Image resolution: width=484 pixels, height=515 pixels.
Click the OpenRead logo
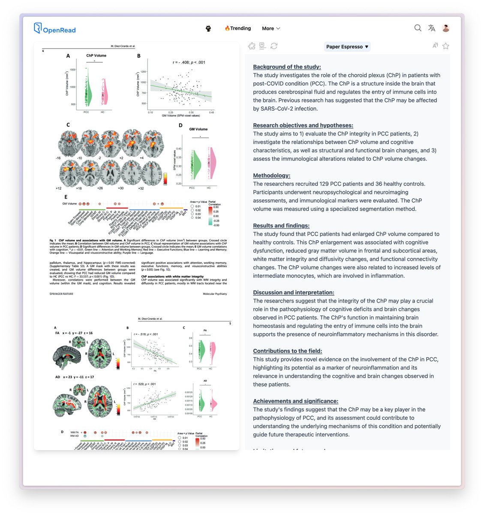click(54, 29)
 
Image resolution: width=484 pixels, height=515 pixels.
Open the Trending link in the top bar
click(238, 28)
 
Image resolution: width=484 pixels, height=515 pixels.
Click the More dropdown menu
click(271, 28)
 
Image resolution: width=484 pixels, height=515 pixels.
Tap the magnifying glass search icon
click(418, 28)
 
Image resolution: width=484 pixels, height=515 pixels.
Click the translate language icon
click(432, 28)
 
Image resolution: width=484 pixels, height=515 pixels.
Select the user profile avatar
click(446, 28)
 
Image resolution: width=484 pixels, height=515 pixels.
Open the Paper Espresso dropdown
click(347, 47)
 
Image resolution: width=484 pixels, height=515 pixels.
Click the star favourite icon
click(446, 46)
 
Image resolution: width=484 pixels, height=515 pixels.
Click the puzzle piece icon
click(252, 46)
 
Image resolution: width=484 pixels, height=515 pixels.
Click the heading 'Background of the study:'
click(287, 67)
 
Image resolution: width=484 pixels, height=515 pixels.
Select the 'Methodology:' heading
click(271, 176)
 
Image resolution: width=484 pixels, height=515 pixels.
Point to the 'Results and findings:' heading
click(281, 226)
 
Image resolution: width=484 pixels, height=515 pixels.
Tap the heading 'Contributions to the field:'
click(287, 351)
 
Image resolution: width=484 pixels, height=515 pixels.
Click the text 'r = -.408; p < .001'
click(189, 62)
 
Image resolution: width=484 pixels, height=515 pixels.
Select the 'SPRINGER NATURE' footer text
click(61, 294)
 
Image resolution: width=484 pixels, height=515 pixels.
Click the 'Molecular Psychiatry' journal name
click(215, 294)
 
